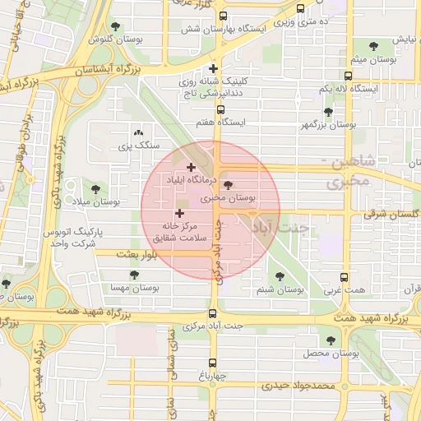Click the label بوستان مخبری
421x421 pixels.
[x=229, y=198]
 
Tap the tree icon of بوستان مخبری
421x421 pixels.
[x=229, y=185]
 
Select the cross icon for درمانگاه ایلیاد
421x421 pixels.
[x=192, y=167]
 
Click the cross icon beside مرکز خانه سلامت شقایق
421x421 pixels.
[x=179, y=214]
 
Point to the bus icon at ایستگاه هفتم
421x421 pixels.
[x=220, y=109]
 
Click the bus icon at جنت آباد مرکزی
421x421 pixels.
[x=213, y=313]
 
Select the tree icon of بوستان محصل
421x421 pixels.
[x=331, y=340]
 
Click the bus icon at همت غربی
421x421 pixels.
[x=344, y=278]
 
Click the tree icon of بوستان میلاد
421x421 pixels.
[x=104, y=189]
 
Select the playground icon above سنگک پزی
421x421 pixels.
[x=137, y=132]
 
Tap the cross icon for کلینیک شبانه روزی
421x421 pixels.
[x=214, y=68]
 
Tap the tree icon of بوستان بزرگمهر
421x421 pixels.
[x=328, y=112]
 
